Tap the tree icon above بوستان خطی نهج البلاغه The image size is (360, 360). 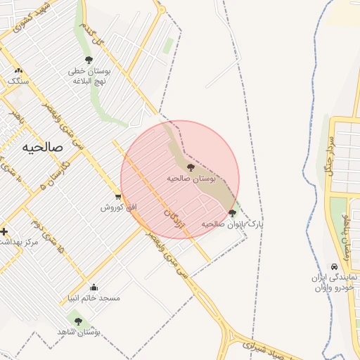(89, 60)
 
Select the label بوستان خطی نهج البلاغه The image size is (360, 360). (86, 75)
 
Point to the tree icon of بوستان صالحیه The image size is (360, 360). (191, 167)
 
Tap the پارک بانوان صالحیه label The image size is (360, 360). (233, 224)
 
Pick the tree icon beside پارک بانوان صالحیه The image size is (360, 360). (233, 213)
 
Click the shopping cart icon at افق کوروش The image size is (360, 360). (117, 197)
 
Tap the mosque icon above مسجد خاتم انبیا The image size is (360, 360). (94, 287)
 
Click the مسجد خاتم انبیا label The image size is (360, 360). (94, 297)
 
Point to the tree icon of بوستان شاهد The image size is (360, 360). (78, 321)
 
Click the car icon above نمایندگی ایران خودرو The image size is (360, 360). (334, 267)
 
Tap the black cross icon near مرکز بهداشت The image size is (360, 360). (4, 231)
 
